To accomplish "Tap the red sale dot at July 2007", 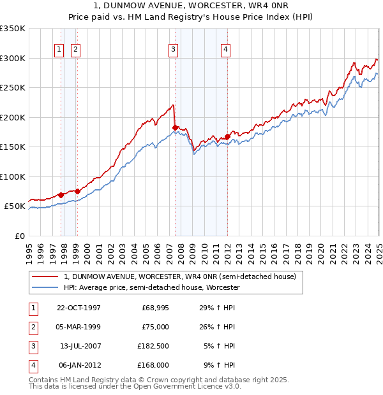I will pyautogui.click(x=175, y=127).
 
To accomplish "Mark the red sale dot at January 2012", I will pyautogui.click(x=227, y=136).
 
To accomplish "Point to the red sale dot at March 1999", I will pyautogui.click(x=77, y=191).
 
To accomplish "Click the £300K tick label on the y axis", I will pyautogui.click(x=13, y=58).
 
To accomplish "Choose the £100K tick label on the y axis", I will pyautogui.click(x=13, y=176).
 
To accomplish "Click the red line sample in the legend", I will pyautogui.click(x=45, y=277).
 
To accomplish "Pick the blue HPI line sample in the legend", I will pyautogui.click(x=45, y=287).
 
